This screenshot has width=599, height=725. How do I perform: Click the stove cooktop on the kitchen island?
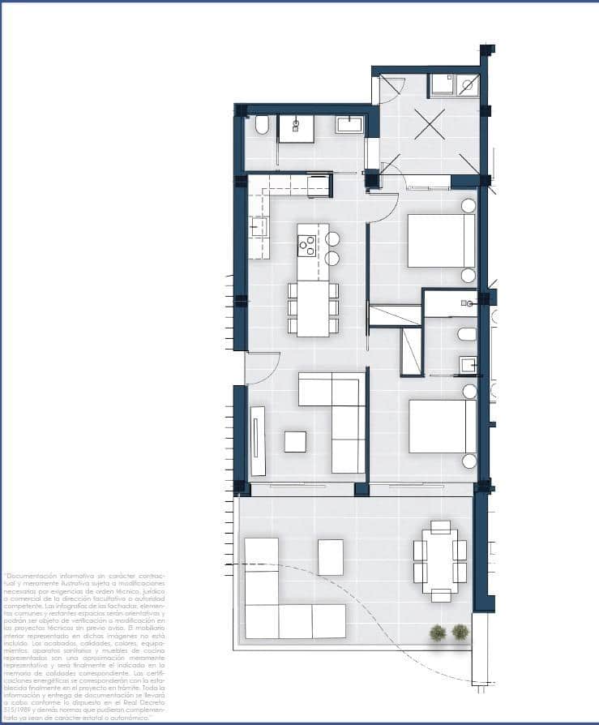coord(307,244)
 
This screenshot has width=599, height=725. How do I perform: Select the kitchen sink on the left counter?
coord(258,226)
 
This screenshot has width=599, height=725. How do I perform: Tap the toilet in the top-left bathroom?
coord(262,126)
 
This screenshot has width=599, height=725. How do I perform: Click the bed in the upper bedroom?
coord(441,240)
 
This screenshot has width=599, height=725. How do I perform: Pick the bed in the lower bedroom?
coord(442,426)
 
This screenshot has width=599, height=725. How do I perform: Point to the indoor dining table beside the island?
coord(313,308)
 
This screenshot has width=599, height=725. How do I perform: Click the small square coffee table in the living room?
coord(295,441)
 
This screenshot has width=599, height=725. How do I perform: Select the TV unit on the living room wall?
coord(258,440)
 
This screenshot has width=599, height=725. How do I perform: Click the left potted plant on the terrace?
coord(439,632)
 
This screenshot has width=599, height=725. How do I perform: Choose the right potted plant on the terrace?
coord(460,631)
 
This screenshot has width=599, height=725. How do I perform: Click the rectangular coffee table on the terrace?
coord(330,557)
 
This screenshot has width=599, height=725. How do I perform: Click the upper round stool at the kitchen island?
coord(332,238)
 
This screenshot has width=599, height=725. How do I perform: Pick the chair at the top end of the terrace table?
coord(440,527)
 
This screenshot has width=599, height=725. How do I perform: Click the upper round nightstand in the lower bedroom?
coord(469,391)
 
